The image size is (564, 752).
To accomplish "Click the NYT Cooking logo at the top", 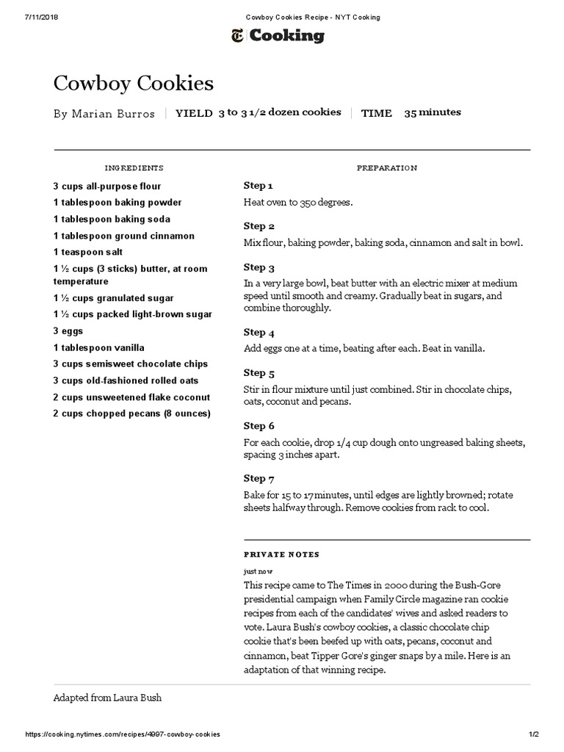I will [x=277, y=35].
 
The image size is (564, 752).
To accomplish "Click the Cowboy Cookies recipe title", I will [x=134, y=84].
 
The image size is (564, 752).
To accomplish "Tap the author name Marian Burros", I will [x=104, y=114].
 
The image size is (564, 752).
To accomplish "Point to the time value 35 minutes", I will [x=433, y=112].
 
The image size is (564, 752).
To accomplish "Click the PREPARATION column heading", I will [x=386, y=168].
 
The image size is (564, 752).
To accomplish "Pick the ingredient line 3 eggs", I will [x=68, y=331].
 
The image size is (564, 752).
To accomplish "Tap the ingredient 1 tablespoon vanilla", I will [x=98, y=347].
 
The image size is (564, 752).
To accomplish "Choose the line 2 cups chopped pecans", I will [x=131, y=413].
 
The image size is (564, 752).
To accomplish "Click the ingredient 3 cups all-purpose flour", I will [x=107, y=187].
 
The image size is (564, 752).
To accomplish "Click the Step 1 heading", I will [x=258, y=186].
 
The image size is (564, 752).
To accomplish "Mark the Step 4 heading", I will [x=259, y=332].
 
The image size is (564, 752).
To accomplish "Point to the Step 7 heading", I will [x=259, y=478].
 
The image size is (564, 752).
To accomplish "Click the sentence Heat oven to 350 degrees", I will [x=298, y=202].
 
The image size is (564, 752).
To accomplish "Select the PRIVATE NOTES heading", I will [x=281, y=554].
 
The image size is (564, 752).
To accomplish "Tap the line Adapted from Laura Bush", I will [x=107, y=698].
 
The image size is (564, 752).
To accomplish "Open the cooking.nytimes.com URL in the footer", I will [x=123, y=734].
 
